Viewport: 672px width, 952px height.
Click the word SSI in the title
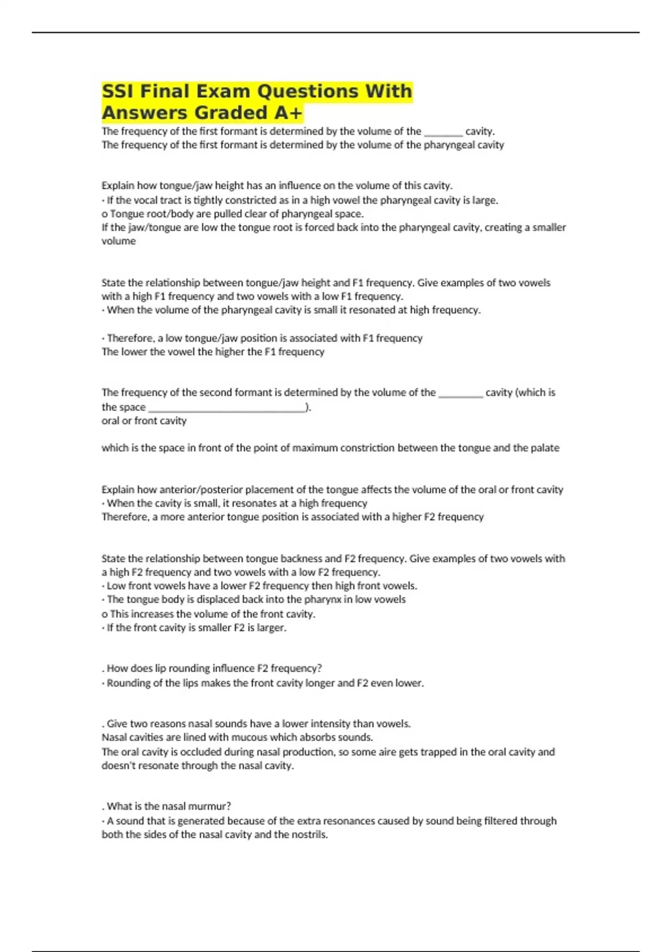click(x=117, y=91)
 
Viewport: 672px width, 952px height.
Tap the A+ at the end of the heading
click(x=288, y=113)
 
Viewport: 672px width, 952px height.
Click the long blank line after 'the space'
click(x=227, y=408)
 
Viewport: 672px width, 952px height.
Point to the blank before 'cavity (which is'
click(x=460, y=393)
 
